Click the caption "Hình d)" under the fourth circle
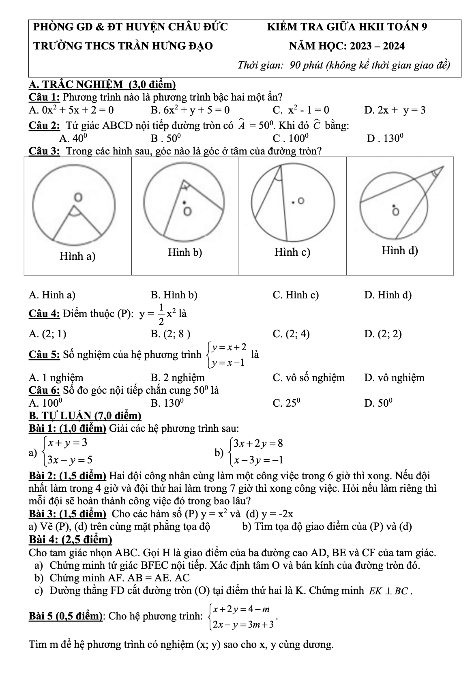[399, 251]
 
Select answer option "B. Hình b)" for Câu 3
[174, 295]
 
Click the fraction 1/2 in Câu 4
[161, 314]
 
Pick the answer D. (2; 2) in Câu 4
[383, 334]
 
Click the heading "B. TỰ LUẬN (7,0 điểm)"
[85, 416]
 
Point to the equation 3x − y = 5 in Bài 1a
[70, 460]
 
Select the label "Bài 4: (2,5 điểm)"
[71, 540]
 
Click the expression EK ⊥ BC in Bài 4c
[389, 591]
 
